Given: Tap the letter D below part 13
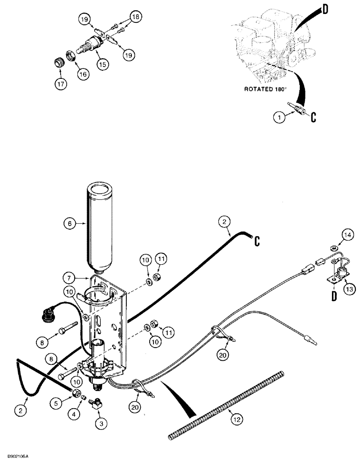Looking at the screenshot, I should [x=334, y=296].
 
